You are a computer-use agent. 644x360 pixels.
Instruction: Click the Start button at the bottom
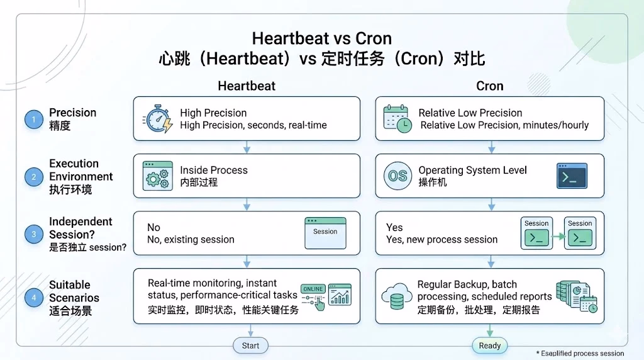tap(251, 346)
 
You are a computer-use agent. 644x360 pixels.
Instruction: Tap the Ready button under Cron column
tap(489, 346)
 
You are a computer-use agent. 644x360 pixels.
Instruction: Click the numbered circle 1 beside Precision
tap(34, 119)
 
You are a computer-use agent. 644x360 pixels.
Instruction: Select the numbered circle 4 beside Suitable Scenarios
tap(34, 298)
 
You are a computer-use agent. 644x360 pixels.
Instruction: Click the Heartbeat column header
tap(247, 86)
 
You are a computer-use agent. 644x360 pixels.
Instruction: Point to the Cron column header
tap(489, 86)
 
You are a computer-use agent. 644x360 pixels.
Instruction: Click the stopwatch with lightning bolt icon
tap(157, 118)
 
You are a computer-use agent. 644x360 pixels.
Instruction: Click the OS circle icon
tap(397, 176)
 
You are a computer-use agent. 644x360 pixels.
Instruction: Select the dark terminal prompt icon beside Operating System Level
tap(572, 176)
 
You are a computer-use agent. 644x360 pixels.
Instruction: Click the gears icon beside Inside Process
tap(157, 176)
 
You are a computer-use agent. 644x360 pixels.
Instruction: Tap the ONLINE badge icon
tap(313, 290)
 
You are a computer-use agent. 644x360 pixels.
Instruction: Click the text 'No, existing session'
tap(191, 240)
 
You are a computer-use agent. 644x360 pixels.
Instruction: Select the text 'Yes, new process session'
tap(441, 240)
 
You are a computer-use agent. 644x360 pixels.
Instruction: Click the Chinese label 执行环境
tap(70, 189)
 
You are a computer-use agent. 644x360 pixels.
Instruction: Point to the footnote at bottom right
tap(579, 354)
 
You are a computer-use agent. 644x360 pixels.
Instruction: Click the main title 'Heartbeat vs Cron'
tap(321, 39)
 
